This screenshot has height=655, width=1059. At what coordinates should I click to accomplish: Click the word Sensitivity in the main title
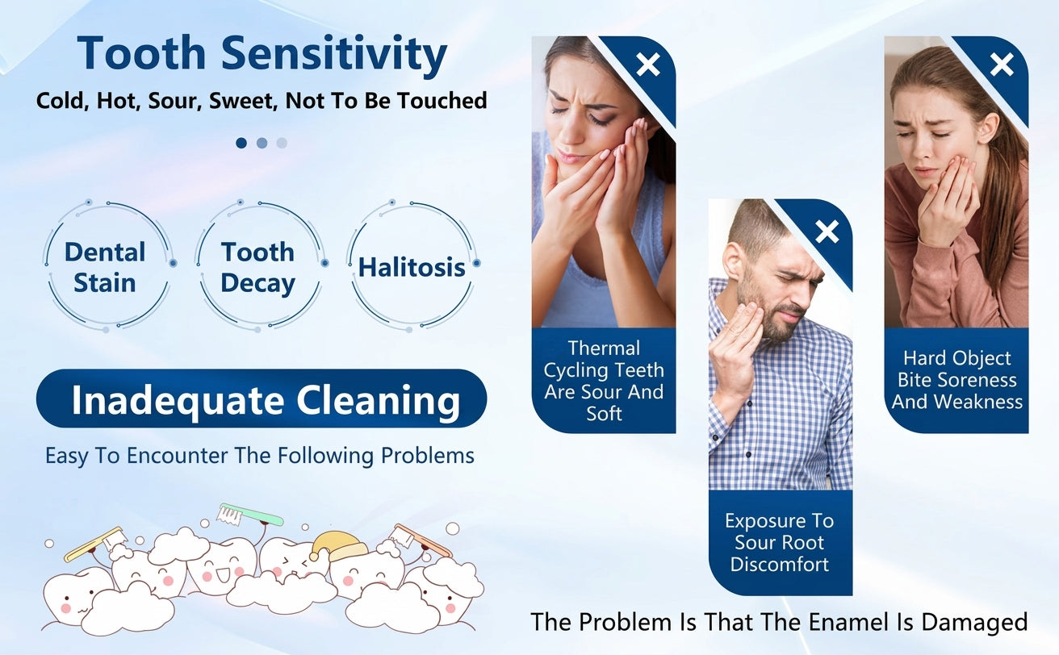pyautogui.click(x=334, y=54)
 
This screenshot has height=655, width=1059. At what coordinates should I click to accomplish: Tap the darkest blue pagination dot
pyautogui.click(x=241, y=143)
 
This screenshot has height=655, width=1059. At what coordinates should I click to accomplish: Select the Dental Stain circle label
pyautogui.click(x=104, y=268)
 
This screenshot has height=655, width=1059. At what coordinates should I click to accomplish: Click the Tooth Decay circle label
pyautogui.click(x=257, y=268)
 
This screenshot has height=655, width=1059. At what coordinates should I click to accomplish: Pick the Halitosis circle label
pyautogui.click(x=412, y=268)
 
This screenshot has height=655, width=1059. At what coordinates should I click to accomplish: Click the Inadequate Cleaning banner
pyautogui.click(x=262, y=398)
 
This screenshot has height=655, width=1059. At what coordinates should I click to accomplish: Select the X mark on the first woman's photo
pyautogui.click(x=647, y=65)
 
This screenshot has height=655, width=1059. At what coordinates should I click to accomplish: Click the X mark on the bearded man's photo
pyautogui.click(x=827, y=232)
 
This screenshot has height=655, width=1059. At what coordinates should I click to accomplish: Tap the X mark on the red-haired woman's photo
pyautogui.click(x=1002, y=65)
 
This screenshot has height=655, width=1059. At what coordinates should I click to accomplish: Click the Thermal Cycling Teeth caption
pyautogui.click(x=604, y=381)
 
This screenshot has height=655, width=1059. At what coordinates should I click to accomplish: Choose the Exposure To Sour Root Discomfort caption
pyautogui.click(x=780, y=543)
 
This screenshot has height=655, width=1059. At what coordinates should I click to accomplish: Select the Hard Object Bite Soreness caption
pyautogui.click(x=956, y=380)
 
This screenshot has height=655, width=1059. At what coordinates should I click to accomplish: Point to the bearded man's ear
pyautogui.click(x=732, y=262)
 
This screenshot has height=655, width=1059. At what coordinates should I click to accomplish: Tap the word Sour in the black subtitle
pyautogui.click(x=175, y=101)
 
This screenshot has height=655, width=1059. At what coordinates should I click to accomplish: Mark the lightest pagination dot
pyautogui.click(x=282, y=143)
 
